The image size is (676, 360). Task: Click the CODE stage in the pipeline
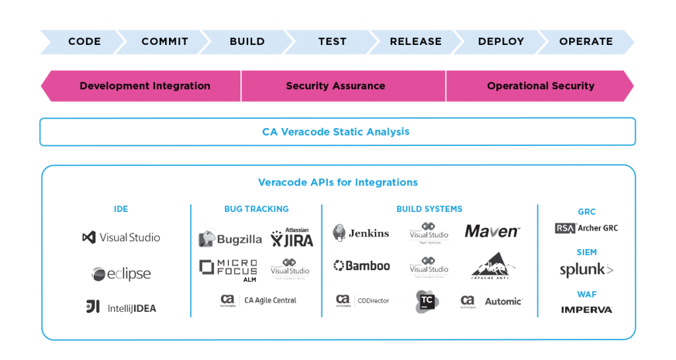coord(84,42)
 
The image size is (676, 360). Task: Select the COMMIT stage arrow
coord(164,42)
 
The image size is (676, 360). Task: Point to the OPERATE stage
coord(586,42)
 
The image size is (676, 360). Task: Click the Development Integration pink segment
coord(145,86)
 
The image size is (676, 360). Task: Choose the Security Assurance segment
coord(335,86)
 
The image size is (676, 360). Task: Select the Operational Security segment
coord(540,86)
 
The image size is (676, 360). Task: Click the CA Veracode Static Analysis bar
coord(337,132)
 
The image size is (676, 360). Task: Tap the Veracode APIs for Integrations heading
coord(337,182)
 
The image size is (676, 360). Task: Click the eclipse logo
coord(121,273)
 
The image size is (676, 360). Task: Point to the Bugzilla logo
coord(230,238)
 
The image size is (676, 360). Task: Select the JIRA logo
coord(292,238)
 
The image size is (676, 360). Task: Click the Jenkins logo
coord(361,233)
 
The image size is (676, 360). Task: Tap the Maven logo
coord(492,231)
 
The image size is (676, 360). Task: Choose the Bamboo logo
coord(361,266)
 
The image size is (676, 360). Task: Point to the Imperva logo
coord(586,309)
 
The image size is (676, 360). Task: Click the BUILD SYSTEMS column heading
coord(429,209)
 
